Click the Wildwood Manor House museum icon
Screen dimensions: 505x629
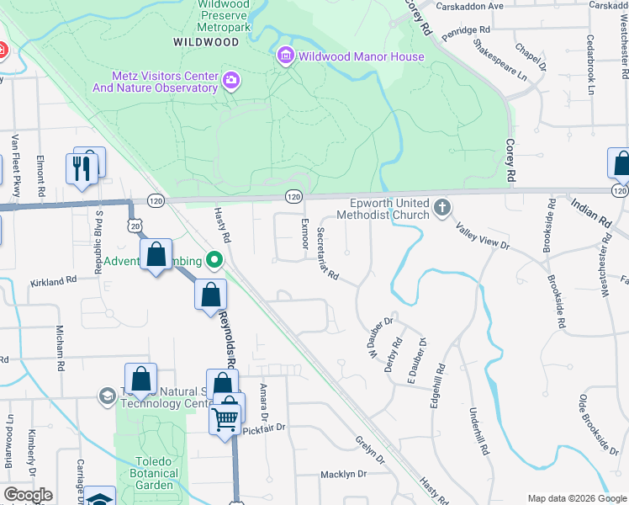coord(285,56)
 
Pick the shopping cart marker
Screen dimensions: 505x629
coord(225,417)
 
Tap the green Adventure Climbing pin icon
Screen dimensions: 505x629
coord(214,259)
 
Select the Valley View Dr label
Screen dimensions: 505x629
coord(483,236)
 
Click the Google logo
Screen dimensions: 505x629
coord(28,495)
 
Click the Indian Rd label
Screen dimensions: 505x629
coord(589,214)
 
